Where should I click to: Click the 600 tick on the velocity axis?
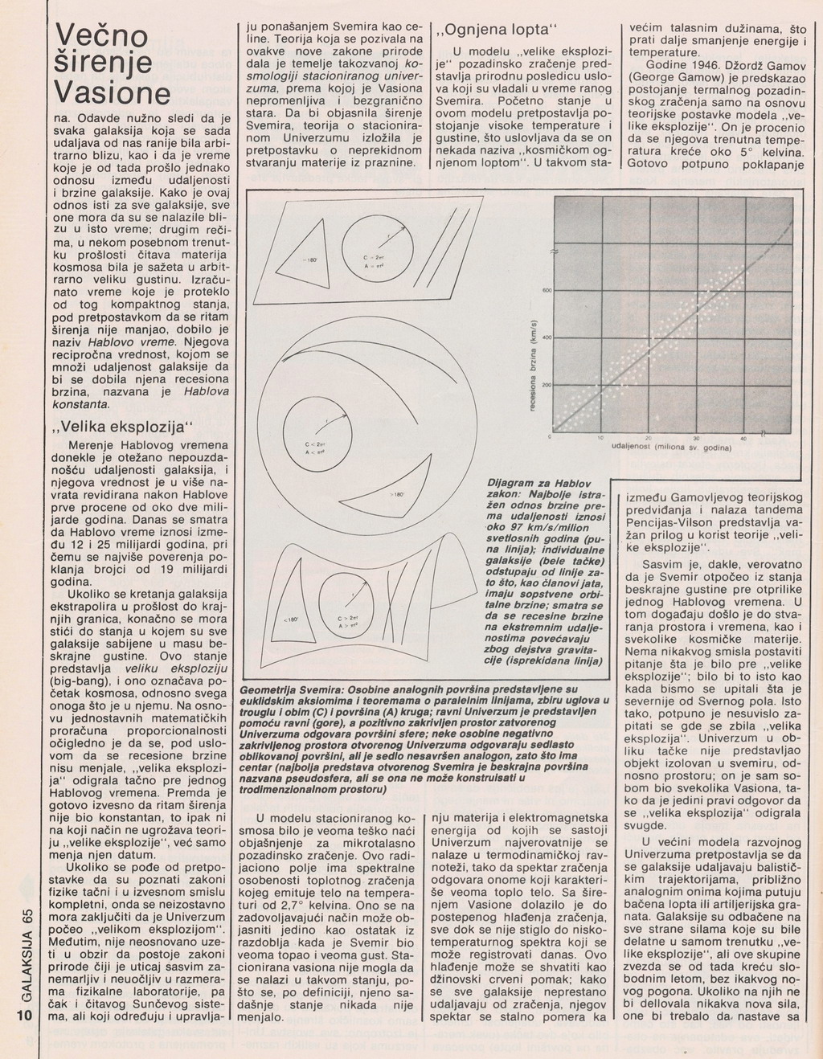click(546, 291)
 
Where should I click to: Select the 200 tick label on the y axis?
click(546, 386)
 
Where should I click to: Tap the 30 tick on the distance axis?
click(696, 438)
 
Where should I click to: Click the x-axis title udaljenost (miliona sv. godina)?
click(670, 447)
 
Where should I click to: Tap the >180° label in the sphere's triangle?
click(396, 495)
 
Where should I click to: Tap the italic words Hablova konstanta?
click(185, 398)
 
